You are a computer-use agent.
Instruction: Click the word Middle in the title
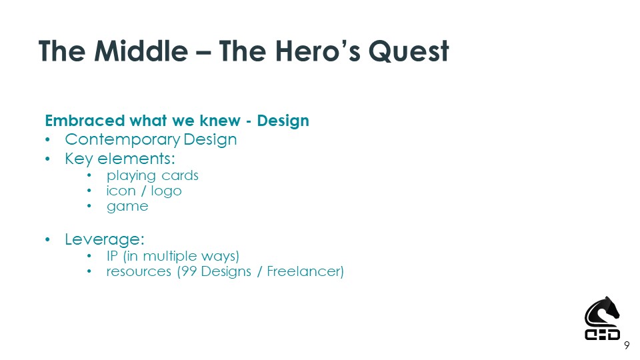tap(141, 51)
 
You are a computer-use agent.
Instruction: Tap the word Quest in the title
tap(409, 51)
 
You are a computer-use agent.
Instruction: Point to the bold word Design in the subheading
tap(283, 121)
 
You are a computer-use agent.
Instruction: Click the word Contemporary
tap(123, 140)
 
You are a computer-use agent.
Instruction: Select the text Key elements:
tap(120, 159)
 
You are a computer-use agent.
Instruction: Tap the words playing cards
tap(153, 176)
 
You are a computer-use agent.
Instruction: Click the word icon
tap(121, 191)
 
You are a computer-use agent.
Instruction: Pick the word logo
tap(166, 191)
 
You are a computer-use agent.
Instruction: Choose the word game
tap(127, 207)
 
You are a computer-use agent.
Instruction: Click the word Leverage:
tap(105, 239)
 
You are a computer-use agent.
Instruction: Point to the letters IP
tap(112, 256)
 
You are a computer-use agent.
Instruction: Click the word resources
tap(139, 272)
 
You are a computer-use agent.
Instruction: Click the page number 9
tap(627, 346)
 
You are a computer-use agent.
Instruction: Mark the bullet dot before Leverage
tap(48, 239)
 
